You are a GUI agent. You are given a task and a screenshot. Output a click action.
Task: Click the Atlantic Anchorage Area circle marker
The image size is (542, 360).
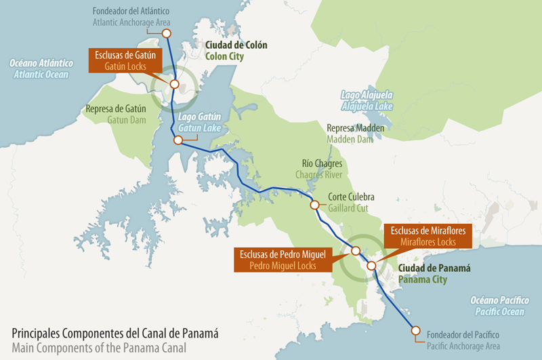(167, 33)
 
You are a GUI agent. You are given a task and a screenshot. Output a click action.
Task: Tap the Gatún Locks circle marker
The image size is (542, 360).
(174, 85)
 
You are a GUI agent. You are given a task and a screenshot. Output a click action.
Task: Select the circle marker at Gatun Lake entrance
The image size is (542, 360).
(178, 140)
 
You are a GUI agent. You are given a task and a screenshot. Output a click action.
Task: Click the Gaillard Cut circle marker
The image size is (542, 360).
(314, 205)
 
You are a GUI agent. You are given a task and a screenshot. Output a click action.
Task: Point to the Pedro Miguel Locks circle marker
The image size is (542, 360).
(356, 251)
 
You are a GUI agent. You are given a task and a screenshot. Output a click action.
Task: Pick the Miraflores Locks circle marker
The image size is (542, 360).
(371, 266)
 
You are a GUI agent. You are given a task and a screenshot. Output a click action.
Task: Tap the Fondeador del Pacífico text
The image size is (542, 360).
(463, 335)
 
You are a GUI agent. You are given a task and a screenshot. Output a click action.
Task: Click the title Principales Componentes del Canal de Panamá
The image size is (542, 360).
(115, 334)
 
